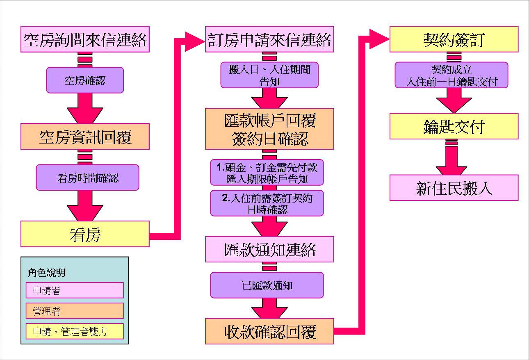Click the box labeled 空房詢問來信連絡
pyautogui.click(x=85, y=39)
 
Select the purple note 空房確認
pyautogui.click(x=85, y=80)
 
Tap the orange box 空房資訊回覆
pyautogui.click(x=85, y=137)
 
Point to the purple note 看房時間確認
pyautogui.click(x=87, y=178)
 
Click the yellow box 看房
pyautogui.click(x=85, y=234)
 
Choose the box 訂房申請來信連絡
pyautogui.click(x=269, y=39)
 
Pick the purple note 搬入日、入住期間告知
pyautogui.click(x=269, y=75)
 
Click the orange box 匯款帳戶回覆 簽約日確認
pyautogui.click(x=269, y=129)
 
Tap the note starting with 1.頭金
pyautogui.click(x=267, y=173)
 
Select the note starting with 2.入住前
pyautogui.click(x=267, y=203)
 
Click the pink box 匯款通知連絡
pyautogui.click(x=269, y=249)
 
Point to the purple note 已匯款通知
pyautogui.click(x=267, y=285)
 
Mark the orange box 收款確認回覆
pyautogui.click(x=269, y=331)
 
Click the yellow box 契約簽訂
pyautogui.click(x=454, y=39)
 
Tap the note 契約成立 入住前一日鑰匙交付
pyautogui.click(x=451, y=75)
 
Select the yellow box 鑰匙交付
pyautogui.click(x=454, y=126)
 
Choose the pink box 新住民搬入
pyautogui.click(x=454, y=188)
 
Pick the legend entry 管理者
pyautogui.click(x=74, y=311)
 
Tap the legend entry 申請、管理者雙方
pyautogui.click(x=74, y=331)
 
